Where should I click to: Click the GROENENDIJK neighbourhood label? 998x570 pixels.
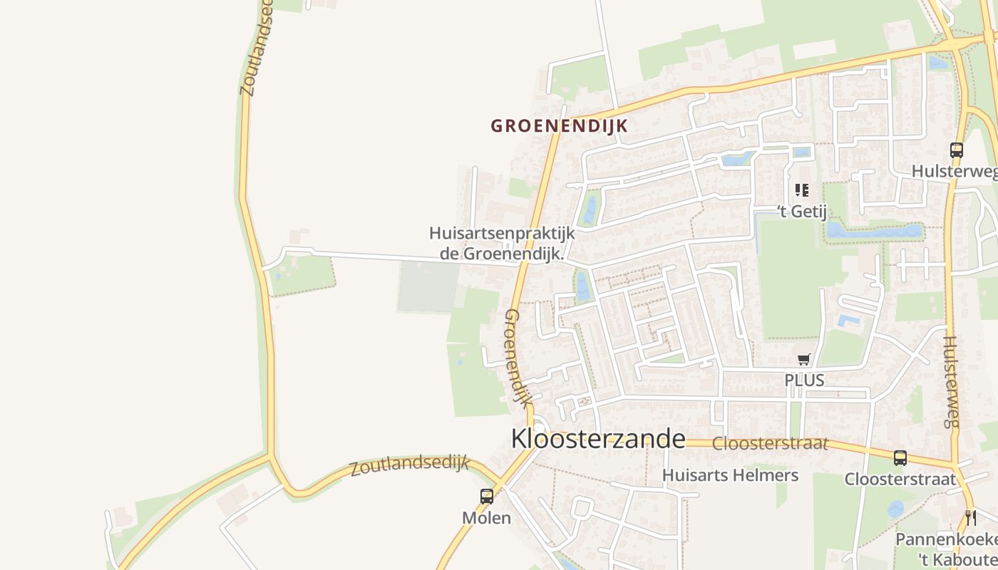click(x=559, y=126)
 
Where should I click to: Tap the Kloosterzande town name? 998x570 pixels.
click(x=598, y=439)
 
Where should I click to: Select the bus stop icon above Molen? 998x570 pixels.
click(x=487, y=497)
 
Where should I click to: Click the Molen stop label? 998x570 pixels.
click(x=487, y=518)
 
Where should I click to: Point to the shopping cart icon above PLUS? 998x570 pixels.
click(x=804, y=360)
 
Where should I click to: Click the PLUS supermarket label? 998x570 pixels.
click(x=804, y=380)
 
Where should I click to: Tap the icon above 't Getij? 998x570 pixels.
click(x=802, y=190)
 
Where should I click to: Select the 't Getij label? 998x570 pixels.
click(x=802, y=211)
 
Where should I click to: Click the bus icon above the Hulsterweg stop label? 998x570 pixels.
click(x=957, y=150)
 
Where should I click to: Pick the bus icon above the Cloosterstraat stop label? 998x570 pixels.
click(x=900, y=458)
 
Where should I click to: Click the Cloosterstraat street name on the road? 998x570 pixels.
click(x=770, y=443)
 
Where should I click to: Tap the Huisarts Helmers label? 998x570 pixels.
click(x=730, y=475)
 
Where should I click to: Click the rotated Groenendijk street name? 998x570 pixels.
click(x=518, y=358)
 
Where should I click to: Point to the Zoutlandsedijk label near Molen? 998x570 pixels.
click(x=409, y=466)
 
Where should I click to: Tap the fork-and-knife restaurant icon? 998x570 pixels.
click(x=969, y=517)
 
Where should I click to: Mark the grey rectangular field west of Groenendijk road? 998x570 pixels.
click(x=428, y=286)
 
